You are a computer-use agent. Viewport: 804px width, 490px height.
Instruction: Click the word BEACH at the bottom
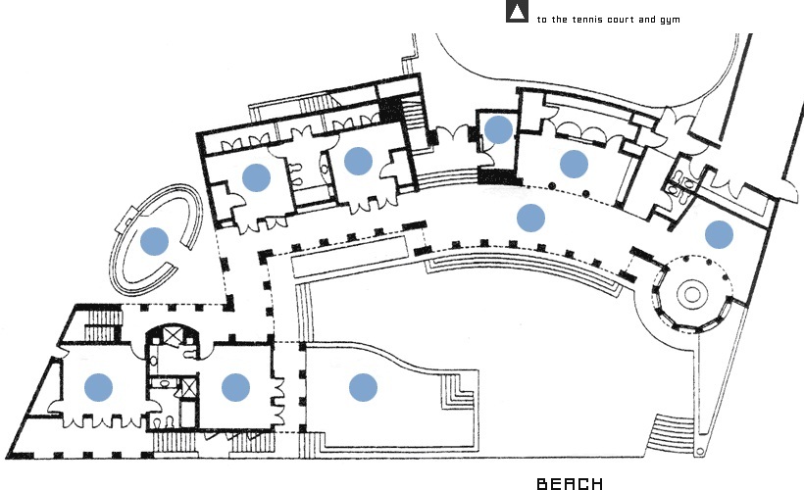[570, 483]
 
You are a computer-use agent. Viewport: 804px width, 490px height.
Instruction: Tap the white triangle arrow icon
[517, 13]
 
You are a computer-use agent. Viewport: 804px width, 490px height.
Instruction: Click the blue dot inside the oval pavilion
[154, 240]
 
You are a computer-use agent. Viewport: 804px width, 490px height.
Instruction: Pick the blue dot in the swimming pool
[363, 387]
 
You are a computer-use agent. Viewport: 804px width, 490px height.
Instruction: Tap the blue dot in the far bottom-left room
[98, 387]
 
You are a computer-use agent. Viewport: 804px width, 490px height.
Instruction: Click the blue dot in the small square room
[499, 128]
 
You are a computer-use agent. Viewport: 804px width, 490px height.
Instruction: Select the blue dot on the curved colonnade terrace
[530, 217]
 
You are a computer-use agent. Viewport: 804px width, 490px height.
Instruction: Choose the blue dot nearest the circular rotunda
[719, 234]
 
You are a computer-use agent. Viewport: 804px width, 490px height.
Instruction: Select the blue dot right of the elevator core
[235, 387]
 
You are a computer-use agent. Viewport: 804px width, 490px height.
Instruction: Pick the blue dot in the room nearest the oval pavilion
[256, 177]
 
